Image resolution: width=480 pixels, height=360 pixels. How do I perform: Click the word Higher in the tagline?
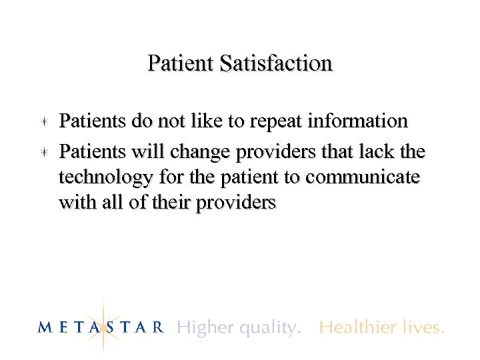point(204,327)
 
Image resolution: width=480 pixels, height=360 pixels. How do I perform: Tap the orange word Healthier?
point(360,327)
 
